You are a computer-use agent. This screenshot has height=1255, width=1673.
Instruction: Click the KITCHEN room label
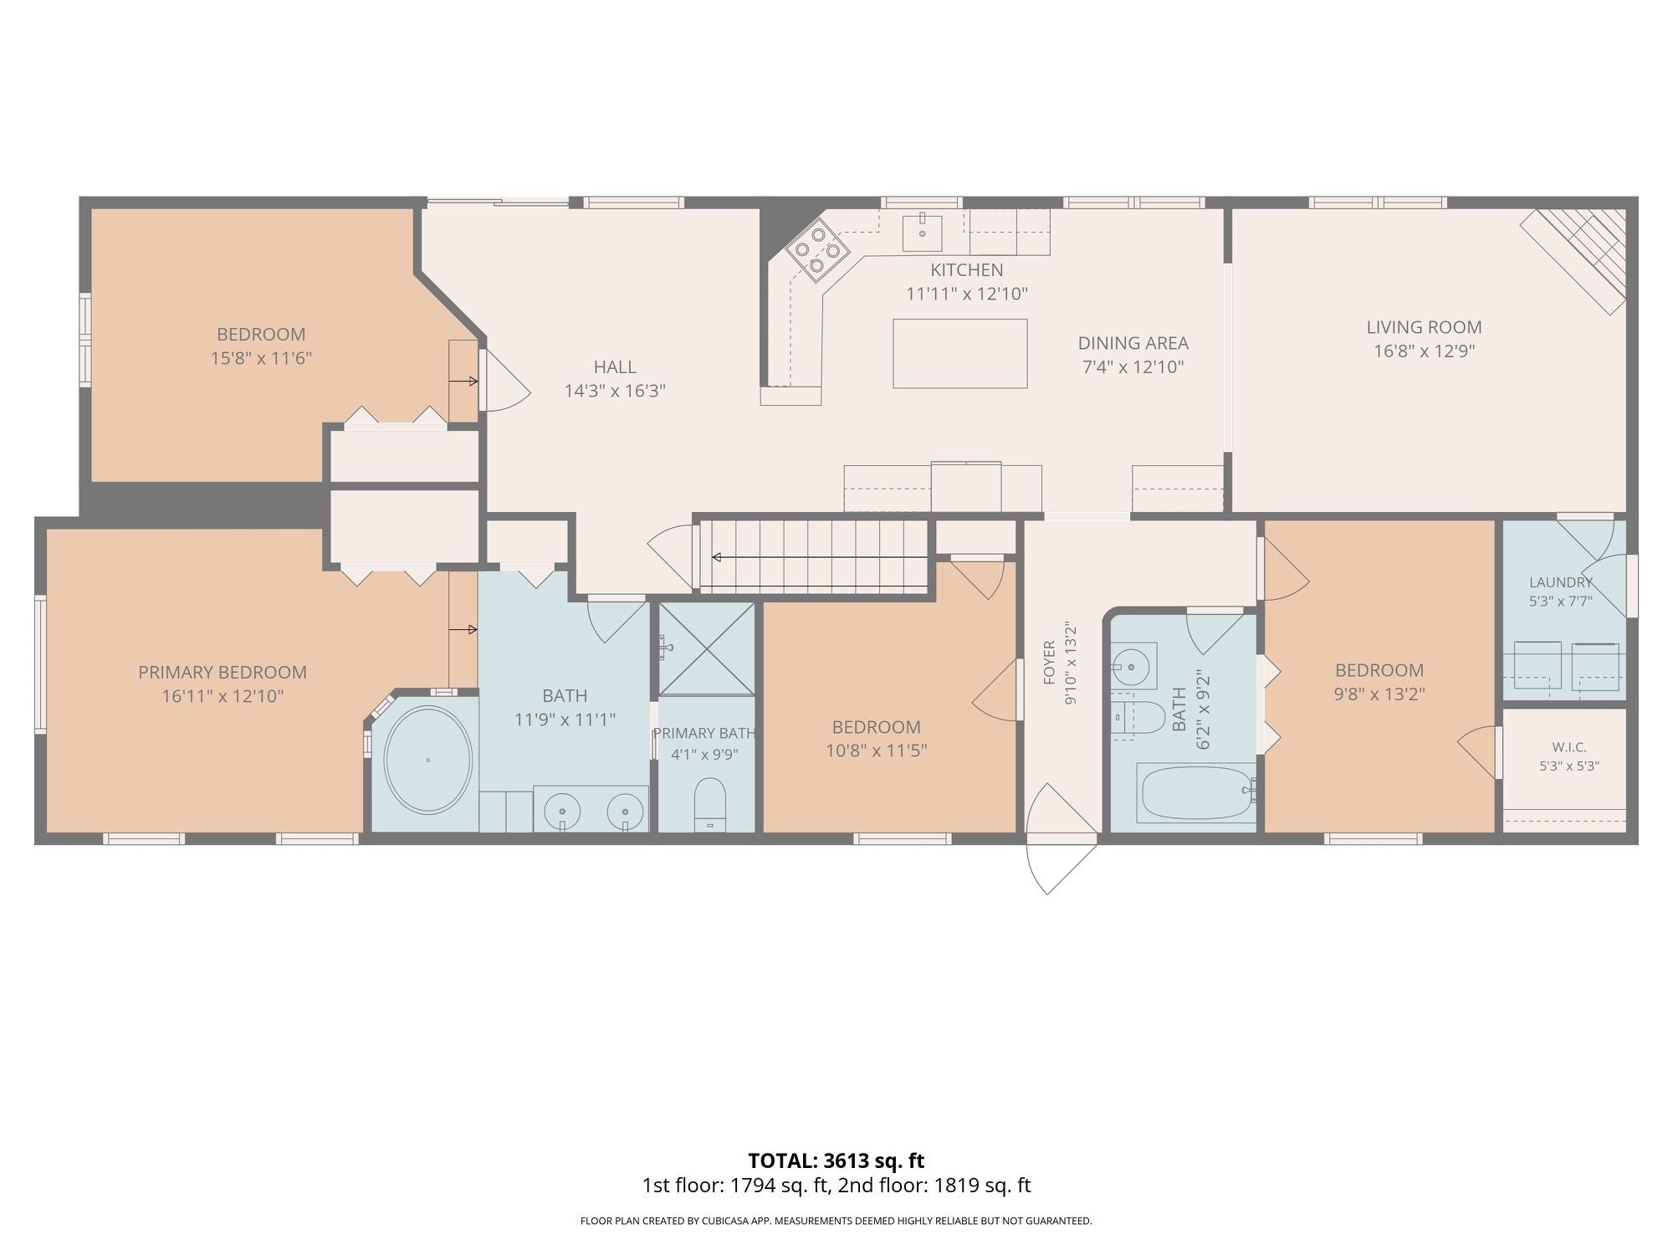[966, 270]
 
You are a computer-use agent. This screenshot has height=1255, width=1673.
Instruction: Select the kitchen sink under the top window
[923, 232]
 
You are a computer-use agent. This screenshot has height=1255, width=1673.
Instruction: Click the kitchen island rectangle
[959, 353]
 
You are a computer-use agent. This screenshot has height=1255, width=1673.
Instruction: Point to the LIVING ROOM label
[1424, 327]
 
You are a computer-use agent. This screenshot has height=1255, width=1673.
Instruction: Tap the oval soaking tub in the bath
[427, 760]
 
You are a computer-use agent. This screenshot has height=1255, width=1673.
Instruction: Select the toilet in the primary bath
[710, 804]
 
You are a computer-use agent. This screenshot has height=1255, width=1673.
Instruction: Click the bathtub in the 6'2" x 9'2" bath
[1197, 793]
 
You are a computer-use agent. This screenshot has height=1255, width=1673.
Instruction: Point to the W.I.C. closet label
[1569, 747]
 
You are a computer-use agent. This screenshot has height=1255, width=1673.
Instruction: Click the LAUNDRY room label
[1561, 582]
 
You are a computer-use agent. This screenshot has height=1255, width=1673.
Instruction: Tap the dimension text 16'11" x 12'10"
[223, 696]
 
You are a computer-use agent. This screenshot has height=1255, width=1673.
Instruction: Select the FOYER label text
[1050, 663]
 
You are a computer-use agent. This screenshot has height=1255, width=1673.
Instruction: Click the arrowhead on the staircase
[716, 557]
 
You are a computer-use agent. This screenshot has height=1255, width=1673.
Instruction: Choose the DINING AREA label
[1133, 343]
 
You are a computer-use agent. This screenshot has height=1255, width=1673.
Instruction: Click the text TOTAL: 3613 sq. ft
[836, 1160]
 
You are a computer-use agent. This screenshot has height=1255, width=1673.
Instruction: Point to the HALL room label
[615, 366]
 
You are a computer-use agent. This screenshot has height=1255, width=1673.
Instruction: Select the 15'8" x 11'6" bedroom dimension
[261, 358]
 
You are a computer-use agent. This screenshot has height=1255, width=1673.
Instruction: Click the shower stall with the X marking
[707, 648]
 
